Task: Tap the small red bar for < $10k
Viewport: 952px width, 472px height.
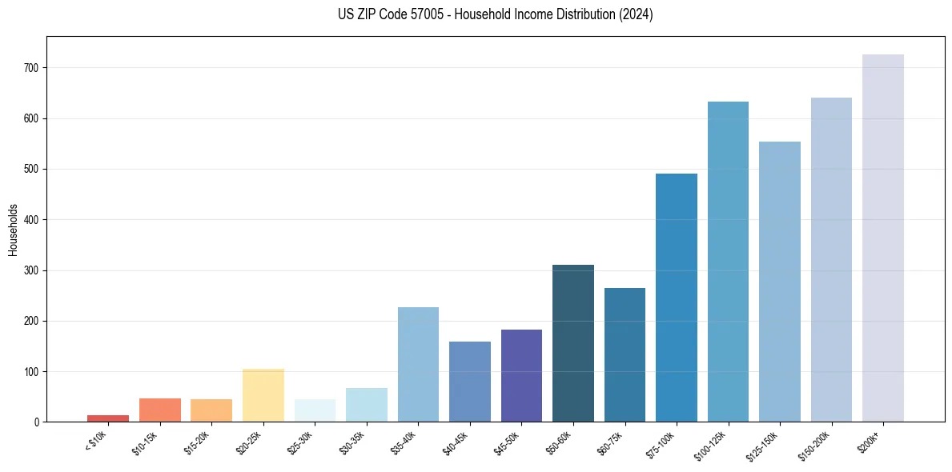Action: [x=108, y=418]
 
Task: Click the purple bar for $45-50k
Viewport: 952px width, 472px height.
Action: [x=521, y=375]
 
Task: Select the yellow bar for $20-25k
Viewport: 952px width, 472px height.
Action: [x=263, y=395]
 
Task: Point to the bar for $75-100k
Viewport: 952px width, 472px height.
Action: [x=677, y=298]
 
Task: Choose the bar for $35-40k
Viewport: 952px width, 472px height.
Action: [x=418, y=364]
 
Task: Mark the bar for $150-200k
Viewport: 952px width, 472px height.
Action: [x=831, y=260]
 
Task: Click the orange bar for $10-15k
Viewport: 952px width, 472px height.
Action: [x=160, y=410]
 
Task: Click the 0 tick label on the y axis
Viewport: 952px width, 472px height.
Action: [x=38, y=422]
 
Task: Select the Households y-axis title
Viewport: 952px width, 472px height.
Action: [x=13, y=229]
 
